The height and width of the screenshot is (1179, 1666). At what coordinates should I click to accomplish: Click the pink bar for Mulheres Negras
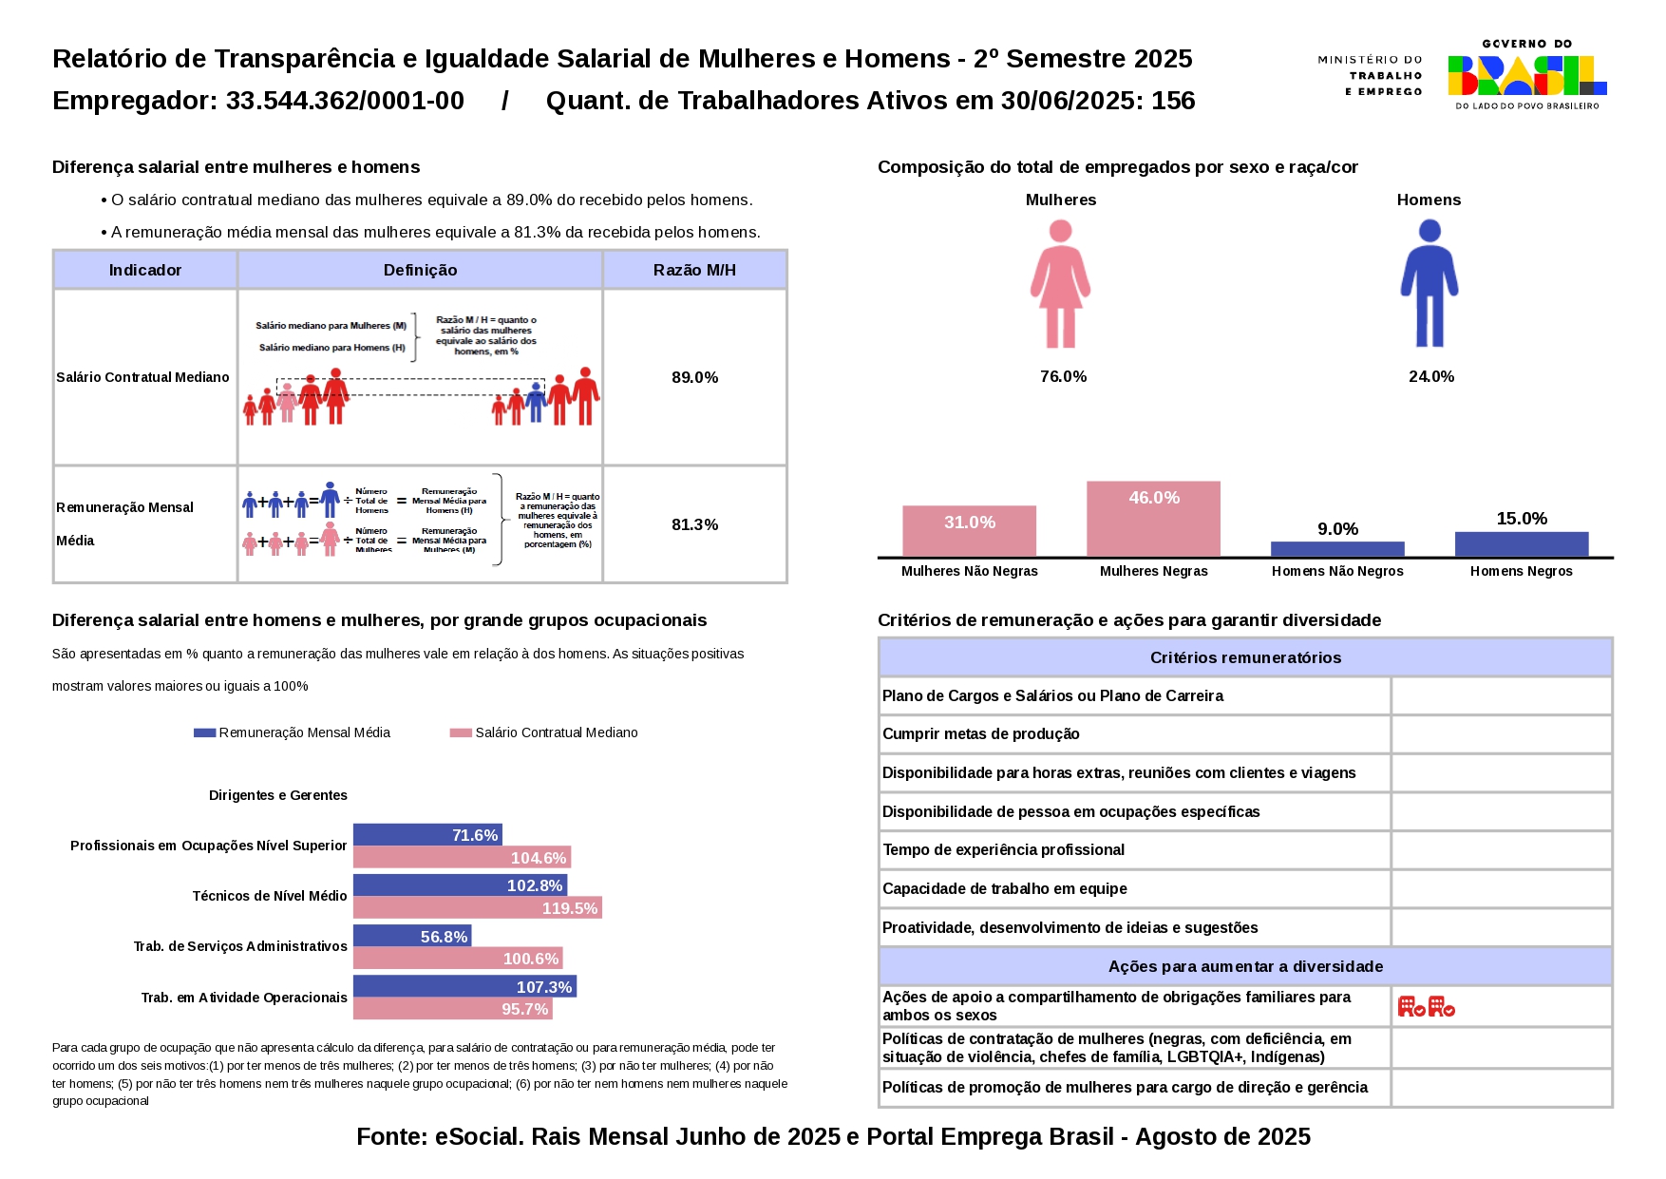[x=1153, y=519]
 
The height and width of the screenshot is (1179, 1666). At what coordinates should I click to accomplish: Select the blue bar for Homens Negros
[x=1521, y=544]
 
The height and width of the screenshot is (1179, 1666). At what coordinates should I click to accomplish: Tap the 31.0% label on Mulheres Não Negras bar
[x=969, y=523]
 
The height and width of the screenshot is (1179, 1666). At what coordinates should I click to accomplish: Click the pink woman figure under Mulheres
[x=1060, y=284]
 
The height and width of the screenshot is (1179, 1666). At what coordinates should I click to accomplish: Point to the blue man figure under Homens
[x=1429, y=284]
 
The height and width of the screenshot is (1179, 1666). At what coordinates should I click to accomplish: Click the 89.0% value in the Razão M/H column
[x=694, y=377]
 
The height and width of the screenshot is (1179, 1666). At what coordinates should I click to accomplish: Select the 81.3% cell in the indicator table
[x=694, y=524]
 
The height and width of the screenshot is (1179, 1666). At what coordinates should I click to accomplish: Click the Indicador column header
[x=144, y=270]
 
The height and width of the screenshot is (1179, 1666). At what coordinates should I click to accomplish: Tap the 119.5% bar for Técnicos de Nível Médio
[x=477, y=908]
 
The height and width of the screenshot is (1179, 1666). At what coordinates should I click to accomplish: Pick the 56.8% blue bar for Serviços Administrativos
[x=412, y=937]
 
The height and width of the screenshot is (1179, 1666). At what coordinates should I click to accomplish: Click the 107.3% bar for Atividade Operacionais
[x=464, y=987]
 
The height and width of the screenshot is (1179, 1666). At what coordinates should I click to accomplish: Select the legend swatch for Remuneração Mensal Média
[x=204, y=732]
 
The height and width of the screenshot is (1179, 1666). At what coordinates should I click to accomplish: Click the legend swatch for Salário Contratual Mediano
[x=461, y=732]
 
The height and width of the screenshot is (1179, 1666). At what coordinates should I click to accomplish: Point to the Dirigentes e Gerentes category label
[x=277, y=795]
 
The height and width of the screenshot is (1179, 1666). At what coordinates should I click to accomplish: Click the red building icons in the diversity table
[x=1426, y=1006]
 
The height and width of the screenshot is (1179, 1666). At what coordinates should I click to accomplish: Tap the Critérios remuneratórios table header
[x=1244, y=657]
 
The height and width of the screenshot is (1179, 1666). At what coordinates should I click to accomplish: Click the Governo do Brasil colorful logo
[x=1526, y=75]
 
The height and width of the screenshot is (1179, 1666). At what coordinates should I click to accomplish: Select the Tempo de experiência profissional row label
[x=1003, y=849]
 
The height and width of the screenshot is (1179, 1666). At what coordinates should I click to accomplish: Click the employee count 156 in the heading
[x=1173, y=101]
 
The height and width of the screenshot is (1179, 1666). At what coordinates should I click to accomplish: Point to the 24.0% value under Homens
[x=1430, y=376]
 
